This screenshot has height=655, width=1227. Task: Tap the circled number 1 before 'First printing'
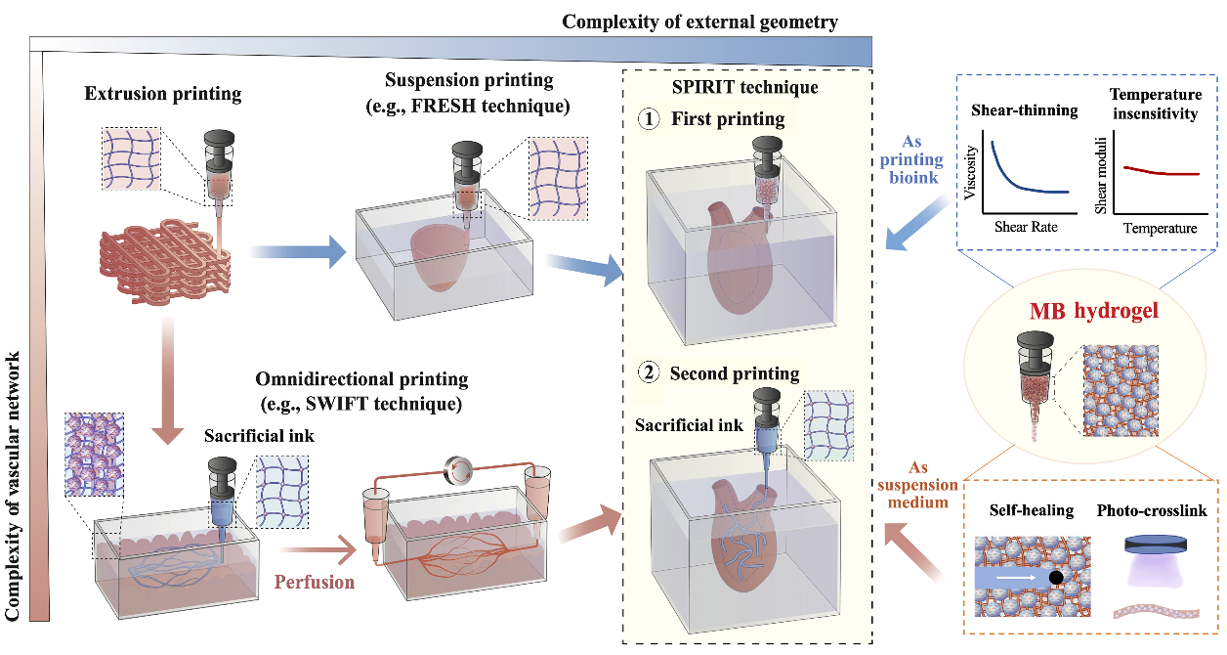click(652, 120)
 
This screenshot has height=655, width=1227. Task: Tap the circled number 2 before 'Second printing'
click(652, 374)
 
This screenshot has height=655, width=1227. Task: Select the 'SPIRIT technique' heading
click(745, 87)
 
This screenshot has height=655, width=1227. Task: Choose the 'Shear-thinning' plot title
click(1024, 110)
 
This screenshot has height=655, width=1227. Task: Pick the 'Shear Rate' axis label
click(1026, 227)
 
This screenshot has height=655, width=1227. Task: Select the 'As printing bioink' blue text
click(919, 159)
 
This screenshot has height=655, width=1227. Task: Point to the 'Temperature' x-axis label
click(1159, 228)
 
